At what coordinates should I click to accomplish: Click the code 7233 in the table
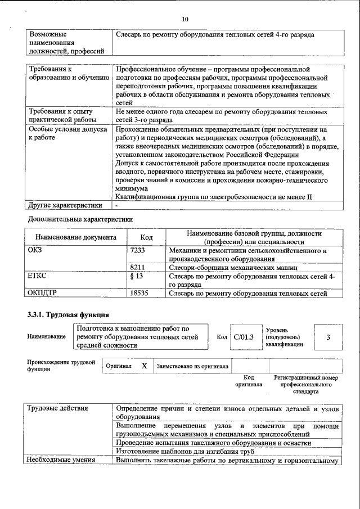138,251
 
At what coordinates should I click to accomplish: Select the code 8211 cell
138,268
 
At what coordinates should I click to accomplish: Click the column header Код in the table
146,238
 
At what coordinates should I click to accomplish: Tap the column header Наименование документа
76,238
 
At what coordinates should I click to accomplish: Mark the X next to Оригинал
144,366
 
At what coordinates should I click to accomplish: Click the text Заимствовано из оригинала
192,366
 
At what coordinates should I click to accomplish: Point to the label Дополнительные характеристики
82,218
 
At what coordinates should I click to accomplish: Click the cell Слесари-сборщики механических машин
241,268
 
